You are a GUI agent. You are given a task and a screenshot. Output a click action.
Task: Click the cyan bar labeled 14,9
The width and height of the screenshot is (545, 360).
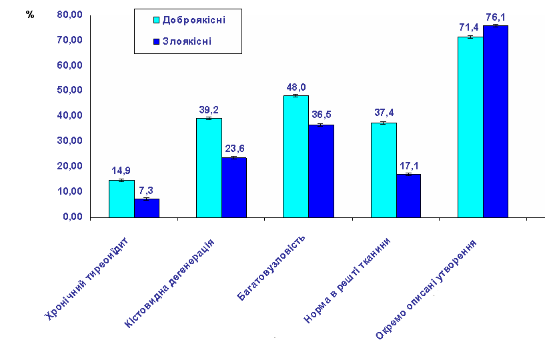coord(121,199)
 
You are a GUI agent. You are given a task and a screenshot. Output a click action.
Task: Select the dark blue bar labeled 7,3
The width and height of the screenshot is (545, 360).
coord(147,208)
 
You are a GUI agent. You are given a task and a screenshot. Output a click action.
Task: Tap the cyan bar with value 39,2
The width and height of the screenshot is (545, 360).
coord(209,167)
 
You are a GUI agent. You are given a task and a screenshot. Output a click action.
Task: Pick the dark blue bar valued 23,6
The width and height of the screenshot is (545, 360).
coord(234,187)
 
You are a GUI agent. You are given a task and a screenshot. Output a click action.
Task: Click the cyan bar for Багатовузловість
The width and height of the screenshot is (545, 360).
coord(296,156)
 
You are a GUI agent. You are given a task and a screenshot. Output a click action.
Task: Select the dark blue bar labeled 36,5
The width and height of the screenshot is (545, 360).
coord(321,171)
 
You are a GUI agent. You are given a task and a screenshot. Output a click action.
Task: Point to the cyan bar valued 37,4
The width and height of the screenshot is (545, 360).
coord(384,170)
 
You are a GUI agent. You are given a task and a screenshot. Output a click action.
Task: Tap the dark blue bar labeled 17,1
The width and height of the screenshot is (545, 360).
coord(409,195)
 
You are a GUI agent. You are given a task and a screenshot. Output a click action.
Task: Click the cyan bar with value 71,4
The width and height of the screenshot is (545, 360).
coord(470,127)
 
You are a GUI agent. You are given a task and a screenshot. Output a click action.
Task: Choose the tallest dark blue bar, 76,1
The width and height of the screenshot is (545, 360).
coord(496,121)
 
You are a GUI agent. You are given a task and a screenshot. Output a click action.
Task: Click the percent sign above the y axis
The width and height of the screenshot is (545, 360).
coord(30,15)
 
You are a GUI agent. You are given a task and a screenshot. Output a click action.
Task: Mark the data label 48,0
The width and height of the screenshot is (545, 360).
coord(296,87)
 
